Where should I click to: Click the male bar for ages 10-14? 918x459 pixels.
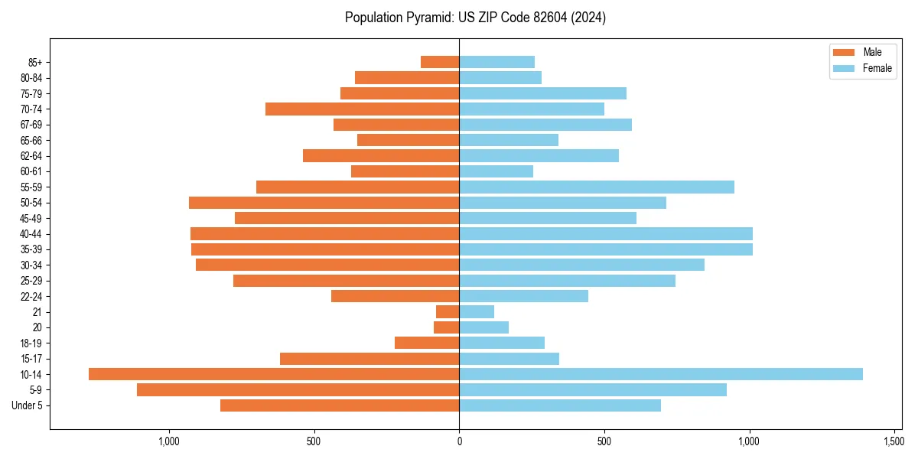pyautogui.click(x=274, y=374)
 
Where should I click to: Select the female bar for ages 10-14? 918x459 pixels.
pyautogui.click(x=661, y=374)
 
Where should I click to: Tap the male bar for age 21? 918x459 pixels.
pyautogui.click(x=448, y=311)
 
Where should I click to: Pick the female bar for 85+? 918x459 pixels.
pyautogui.click(x=496, y=62)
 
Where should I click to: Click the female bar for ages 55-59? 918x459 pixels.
pyautogui.click(x=597, y=187)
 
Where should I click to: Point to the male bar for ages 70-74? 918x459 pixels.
pyautogui.click(x=362, y=109)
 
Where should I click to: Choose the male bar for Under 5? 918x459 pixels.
pyautogui.click(x=340, y=405)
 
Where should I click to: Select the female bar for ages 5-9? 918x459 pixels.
pyautogui.click(x=593, y=389)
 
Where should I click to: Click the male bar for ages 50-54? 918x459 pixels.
pyautogui.click(x=324, y=203)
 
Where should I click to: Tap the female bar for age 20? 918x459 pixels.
pyautogui.click(x=483, y=327)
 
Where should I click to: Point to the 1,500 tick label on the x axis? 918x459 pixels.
pyautogui.click(x=894, y=441)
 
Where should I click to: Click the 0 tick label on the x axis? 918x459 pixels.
pyautogui.click(x=459, y=441)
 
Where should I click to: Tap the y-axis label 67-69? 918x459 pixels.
pyautogui.click(x=31, y=125)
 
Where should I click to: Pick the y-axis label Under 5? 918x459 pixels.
pyautogui.click(x=28, y=405)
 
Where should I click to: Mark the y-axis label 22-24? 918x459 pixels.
pyautogui.click(x=31, y=296)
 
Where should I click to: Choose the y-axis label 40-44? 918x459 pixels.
pyautogui.click(x=31, y=234)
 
